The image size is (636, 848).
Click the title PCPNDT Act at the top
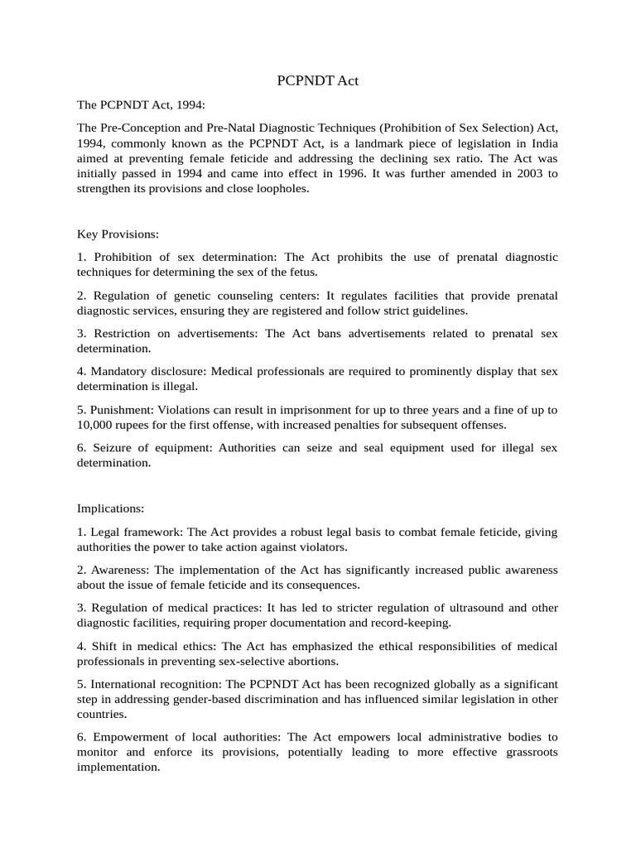(317, 81)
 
